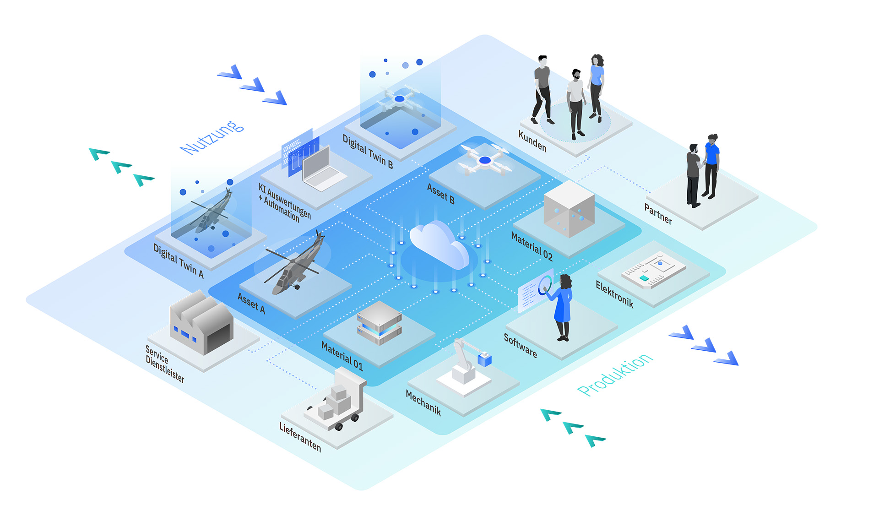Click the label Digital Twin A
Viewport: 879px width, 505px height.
click(178, 261)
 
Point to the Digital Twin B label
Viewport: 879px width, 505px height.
click(368, 152)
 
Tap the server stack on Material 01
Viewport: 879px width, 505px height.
click(379, 323)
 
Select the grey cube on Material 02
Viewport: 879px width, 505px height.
click(569, 210)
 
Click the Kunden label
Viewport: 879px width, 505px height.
click(532, 141)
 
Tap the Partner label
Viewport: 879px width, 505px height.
click(658, 213)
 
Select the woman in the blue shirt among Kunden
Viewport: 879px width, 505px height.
click(596, 87)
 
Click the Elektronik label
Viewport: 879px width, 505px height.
click(614, 294)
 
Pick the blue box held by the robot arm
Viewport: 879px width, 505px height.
click(484, 359)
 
